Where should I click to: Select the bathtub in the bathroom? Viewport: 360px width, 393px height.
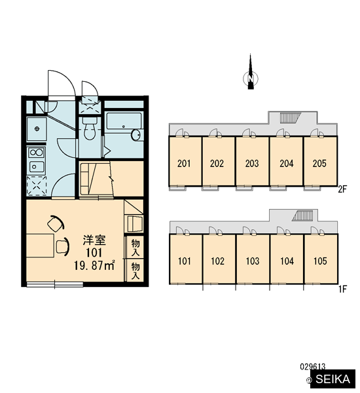[x=123, y=121]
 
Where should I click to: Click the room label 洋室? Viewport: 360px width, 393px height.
[x=94, y=240]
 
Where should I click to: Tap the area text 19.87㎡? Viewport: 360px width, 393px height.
[x=94, y=265]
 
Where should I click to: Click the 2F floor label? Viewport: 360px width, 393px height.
[x=342, y=189]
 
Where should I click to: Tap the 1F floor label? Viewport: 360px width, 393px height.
[x=342, y=290]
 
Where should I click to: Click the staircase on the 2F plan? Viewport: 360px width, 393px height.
[x=290, y=117]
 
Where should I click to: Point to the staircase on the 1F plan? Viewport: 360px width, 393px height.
[x=302, y=215]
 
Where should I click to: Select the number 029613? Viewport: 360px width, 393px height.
[x=313, y=367]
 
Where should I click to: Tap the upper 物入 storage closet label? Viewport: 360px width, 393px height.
[x=135, y=248]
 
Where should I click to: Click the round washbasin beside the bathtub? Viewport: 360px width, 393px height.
[x=136, y=135]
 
